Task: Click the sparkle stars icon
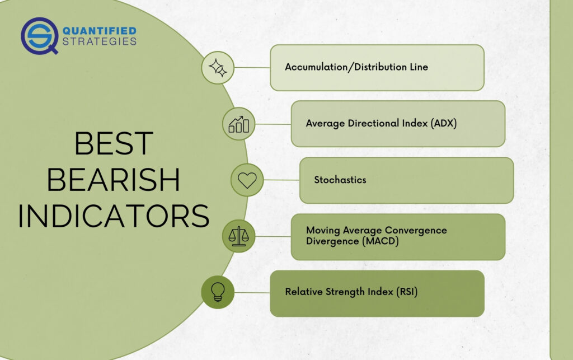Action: (x=218, y=68)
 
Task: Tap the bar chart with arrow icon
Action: (x=238, y=124)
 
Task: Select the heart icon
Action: (x=247, y=180)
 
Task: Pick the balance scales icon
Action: (x=238, y=236)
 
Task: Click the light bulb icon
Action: (x=218, y=292)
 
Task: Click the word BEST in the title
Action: (x=114, y=143)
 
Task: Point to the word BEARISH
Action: (x=113, y=180)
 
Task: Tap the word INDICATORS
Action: (x=113, y=216)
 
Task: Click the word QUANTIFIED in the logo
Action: (x=100, y=31)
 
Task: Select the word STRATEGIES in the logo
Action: (x=100, y=41)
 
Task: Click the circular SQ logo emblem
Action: (x=40, y=36)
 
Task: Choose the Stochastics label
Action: (x=340, y=180)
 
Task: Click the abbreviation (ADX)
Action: (x=444, y=123)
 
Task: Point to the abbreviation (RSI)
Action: (x=407, y=292)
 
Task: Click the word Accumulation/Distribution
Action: (x=346, y=67)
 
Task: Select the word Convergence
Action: (x=416, y=231)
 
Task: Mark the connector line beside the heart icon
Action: (x=281, y=180)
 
